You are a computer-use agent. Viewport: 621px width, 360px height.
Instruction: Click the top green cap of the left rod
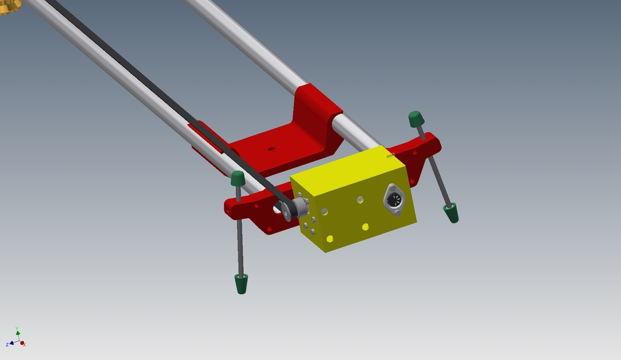tap(238, 178)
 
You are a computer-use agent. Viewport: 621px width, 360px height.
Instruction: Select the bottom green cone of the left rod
tap(241, 284)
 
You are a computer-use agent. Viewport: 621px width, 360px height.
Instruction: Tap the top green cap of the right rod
tap(416, 119)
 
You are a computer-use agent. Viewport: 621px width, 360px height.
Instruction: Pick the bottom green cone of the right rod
tap(451, 213)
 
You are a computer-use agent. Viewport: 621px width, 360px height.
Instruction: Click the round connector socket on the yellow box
tap(394, 200)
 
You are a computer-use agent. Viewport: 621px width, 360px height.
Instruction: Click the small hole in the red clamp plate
tap(271, 148)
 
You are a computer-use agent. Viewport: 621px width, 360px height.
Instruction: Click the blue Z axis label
tap(7, 344)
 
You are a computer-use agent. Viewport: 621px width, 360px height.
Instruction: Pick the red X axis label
tap(24, 344)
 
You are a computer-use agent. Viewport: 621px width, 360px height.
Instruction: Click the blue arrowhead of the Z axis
tap(12, 343)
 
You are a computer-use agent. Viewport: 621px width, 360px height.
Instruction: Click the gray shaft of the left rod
tap(240, 236)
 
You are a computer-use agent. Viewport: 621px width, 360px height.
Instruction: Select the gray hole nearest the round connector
tap(360, 199)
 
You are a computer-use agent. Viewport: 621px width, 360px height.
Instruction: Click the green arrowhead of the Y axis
tap(18, 333)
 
